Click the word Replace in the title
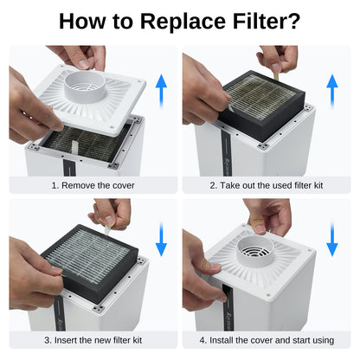[183, 22]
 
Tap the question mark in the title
[292, 21]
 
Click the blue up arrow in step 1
[161, 91]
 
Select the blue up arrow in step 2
[332, 91]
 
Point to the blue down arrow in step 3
[161, 239]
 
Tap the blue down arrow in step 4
[332, 239]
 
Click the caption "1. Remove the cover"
[93, 185]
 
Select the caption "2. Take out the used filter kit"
[267, 185]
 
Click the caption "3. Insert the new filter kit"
[93, 340]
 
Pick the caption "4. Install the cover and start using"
[267, 340]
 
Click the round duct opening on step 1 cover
[85, 86]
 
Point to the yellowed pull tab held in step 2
[276, 75]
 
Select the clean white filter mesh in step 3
[88, 254]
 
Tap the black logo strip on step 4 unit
[228, 305]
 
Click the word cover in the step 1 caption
[124, 185]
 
